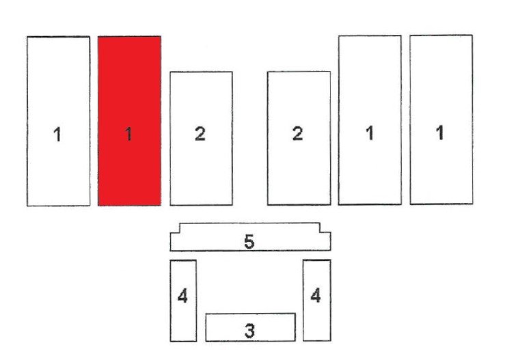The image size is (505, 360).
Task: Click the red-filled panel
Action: pos(129,121)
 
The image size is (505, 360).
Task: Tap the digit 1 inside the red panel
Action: pos(128,134)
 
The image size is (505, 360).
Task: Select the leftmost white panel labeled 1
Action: pos(58,121)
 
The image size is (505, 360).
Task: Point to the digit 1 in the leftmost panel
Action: pos(57,135)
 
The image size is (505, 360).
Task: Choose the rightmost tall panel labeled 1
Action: pos(441,120)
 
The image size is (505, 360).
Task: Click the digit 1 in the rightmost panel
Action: pos(439,133)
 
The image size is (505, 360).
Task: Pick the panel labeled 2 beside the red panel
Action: pos(202,139)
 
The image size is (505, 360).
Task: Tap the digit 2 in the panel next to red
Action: pos(200,134)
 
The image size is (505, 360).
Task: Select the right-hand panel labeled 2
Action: pos(299,138)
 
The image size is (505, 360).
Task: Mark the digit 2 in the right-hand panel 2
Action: pos(297,134)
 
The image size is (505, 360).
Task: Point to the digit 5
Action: pos(249,242)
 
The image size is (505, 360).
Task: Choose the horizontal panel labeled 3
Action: pos(251,327)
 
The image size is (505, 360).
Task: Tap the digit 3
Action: pos(249,331)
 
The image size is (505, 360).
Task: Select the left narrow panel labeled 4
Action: pos(183,301)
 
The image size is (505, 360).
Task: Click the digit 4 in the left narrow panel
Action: pos(182,296)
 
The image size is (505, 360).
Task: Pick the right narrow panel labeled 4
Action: pos(317,300)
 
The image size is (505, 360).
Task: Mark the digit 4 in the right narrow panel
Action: pos(316,295)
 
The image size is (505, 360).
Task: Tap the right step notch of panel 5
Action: pos(320,232)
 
